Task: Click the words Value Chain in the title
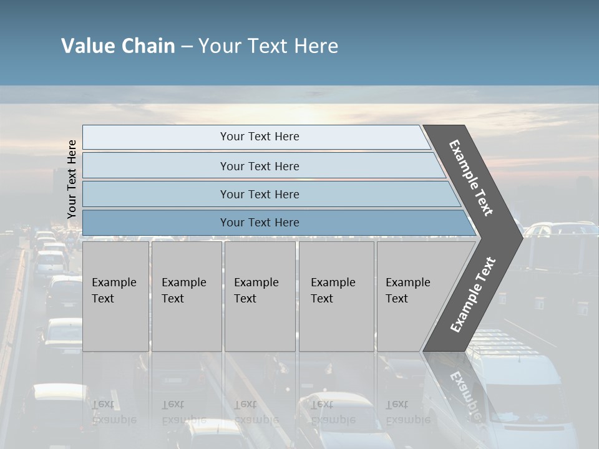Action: tap(118, 46)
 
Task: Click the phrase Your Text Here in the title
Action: tap(268, 46)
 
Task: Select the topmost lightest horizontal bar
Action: tap(259, 137)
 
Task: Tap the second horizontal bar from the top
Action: tap(259, 166)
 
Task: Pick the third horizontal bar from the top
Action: tap(259, 194)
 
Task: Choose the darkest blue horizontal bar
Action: tap(259, 223)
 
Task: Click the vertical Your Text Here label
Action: tap(72, 179)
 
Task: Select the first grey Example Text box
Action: tap(115, 296)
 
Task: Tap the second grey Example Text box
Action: tap(186, 296)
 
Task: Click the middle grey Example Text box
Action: tap(259, 296)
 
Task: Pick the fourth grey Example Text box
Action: tap(336, 296)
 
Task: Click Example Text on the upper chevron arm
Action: tap(471, 178)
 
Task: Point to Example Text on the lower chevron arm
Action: tap(472, 294)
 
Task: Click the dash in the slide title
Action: tap(187, 46)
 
